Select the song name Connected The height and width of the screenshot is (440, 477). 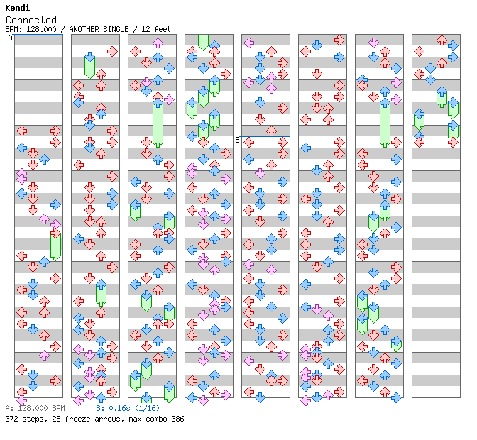[31, 20]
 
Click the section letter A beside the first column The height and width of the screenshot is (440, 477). [10, 38]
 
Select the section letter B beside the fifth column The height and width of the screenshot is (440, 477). [237, 140]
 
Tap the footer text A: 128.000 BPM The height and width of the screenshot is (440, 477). [35, 408]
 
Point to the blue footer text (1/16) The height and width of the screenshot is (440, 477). [147, 408]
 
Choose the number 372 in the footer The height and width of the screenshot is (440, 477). [12, 419]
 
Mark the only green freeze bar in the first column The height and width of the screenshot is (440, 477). [55, 245]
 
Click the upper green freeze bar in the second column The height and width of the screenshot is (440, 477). [89, 65]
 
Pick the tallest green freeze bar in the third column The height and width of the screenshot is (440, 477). [158, 123]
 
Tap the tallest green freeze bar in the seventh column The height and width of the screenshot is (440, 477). [385, 123]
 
